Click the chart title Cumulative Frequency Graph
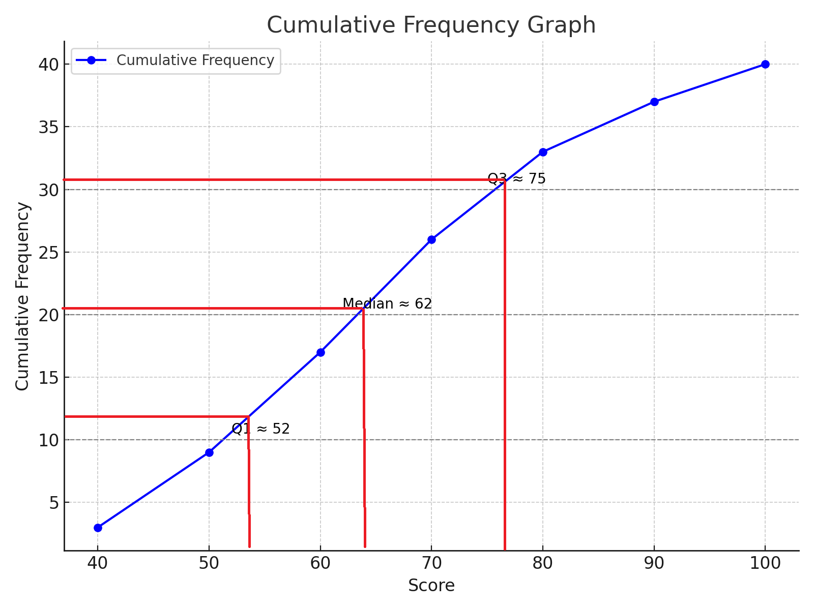click(x=431, y=25)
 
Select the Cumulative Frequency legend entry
click(x=195, y=60)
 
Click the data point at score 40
click(x=98, y=528)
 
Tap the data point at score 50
click(x=209, y=452)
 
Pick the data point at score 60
click(x=321, y=352)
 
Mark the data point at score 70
click(x=431, y=239)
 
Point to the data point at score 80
click(x=543, y=152)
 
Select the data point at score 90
click(x=654, y=102)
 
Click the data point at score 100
click(x=765, y=64)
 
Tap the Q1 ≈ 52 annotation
click(x=260, y=429)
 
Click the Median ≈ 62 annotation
click(x=387, y=304)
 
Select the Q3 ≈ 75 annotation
click(x=516, y=179)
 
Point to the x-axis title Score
click(x=431, y=586)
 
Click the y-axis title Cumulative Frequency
click(x=22, y=296)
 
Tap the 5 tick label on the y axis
click(x=54, y=503)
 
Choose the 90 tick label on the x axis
click(x=654, y=563)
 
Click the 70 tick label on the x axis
click(x=431, y=563)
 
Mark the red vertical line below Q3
click(x=505, y=366)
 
